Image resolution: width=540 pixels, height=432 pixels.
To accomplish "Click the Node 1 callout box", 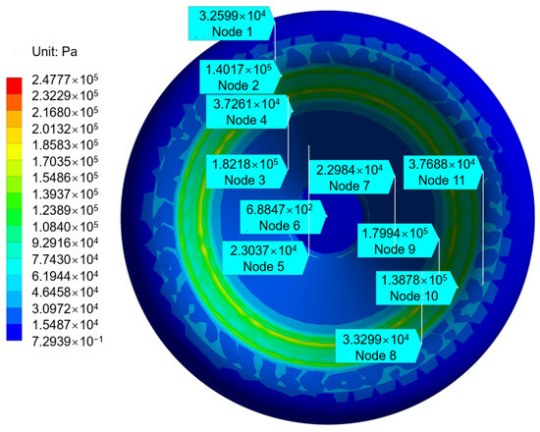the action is (232, 24).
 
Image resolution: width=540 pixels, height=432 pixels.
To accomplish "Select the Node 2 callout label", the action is (241, 77).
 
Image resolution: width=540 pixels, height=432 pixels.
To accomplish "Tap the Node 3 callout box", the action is (246, 172).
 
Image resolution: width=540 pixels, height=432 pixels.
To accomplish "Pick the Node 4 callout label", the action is (249, 112).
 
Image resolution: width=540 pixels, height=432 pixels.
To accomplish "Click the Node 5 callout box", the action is (265, 257).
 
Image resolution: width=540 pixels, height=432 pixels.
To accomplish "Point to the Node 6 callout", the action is (283, 217).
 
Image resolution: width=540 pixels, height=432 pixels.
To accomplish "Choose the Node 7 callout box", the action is (351, 177).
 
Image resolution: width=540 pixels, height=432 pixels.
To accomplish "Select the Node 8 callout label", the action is (378, 347).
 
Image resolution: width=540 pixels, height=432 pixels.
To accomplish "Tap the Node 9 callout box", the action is (398, 241).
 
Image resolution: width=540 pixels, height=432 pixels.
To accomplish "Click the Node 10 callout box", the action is (416, 288).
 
